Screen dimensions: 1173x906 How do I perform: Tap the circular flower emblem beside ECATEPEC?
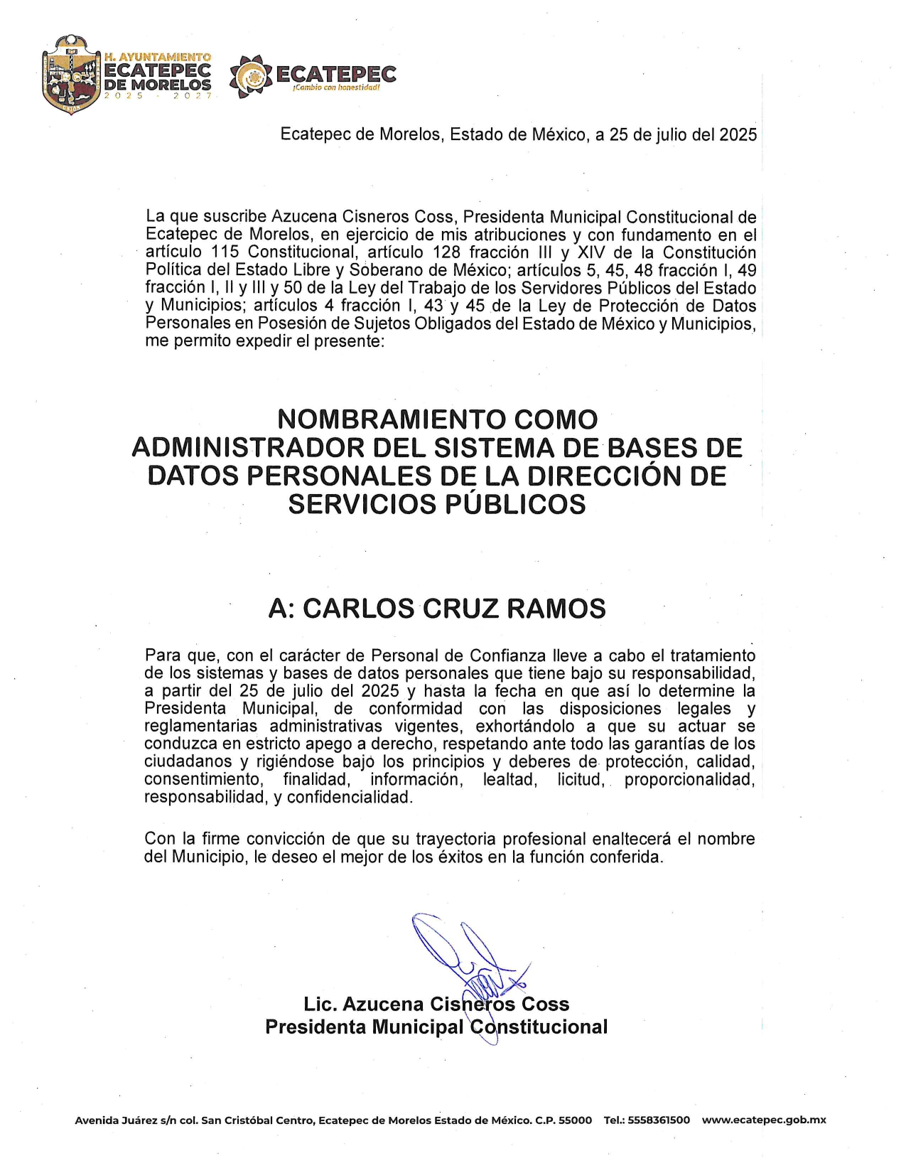(x=251, y=76)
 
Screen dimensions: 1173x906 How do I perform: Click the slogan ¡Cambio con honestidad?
(x=336, y=87)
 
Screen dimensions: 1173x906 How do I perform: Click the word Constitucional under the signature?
(x=539, y=1027)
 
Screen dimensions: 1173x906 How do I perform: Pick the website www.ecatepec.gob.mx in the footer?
(x=764, y=1120)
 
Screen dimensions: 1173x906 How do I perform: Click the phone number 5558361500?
(x=659, y=1120)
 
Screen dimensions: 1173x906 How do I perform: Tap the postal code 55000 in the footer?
(x=575, y=1120)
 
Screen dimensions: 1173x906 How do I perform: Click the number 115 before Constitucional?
(x=225, y=252)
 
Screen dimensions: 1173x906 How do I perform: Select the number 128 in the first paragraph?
(x=446, y=252)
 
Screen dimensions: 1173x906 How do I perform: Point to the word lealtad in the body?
(x=509, y=780)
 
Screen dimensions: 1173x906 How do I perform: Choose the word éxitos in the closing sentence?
(x=462, y=857)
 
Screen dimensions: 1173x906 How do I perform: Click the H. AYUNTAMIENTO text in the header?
(x=158, y=56)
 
